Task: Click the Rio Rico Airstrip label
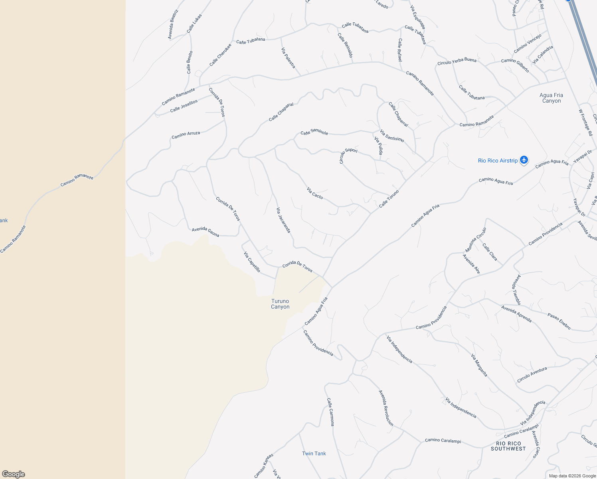(x=498, y=160)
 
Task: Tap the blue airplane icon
(x=524, y=160)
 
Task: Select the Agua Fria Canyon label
(x=551, y=98)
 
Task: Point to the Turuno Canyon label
(x=280, y=304)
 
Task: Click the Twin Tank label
(x=314, y=453)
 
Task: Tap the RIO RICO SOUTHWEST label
(x=508, y=446)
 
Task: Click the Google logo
(x=13, y=474)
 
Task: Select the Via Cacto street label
(x=315, y=193)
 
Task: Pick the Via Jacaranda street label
(x=283, y=220)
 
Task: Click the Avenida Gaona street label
(x=206, y=232)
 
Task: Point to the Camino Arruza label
(x=186, y=135)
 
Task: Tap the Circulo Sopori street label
(x=348, y=155)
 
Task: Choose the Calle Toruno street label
(x=389, y=198)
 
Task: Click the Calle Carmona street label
(x=330, y=412)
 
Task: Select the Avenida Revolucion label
(x=386, y=408)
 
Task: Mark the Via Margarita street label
(x=479, y=365)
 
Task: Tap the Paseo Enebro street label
(x=559, y=321)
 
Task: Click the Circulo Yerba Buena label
(x=457, y=61)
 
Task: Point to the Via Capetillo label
(x=252, y=262)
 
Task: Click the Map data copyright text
(x=572, y=475)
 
